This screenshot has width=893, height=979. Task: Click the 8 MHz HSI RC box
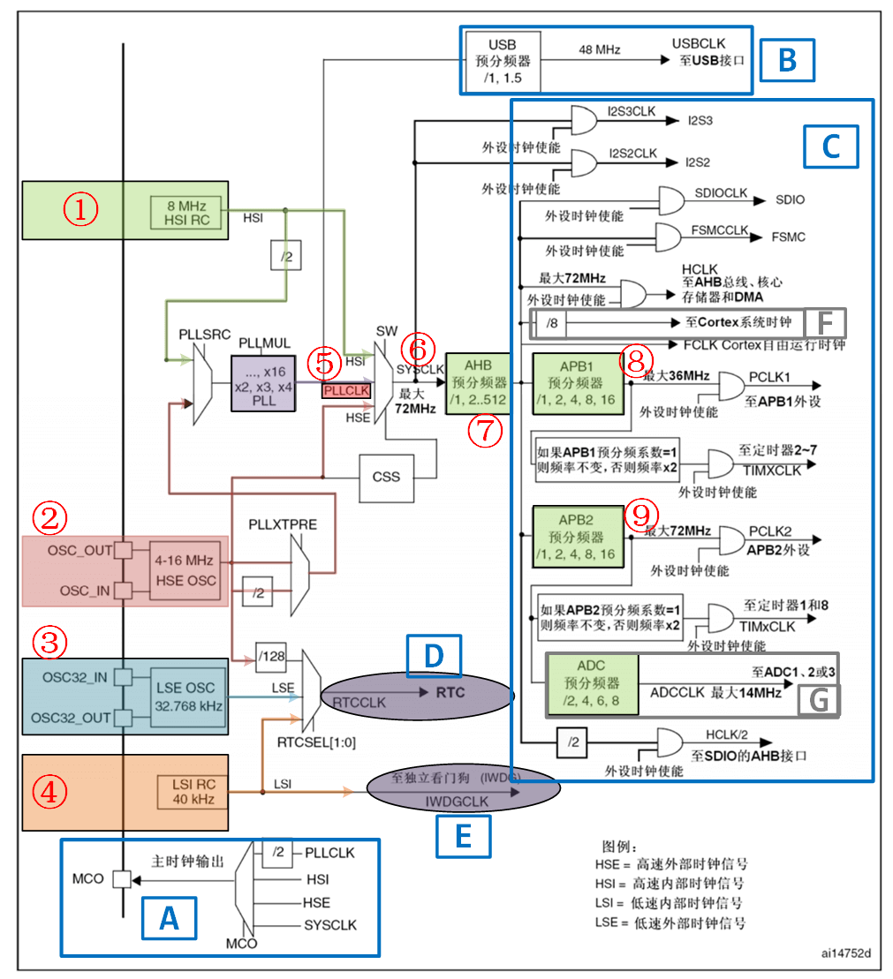(x=187, y=211)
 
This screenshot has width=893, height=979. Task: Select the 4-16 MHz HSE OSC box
(x=184, y=570)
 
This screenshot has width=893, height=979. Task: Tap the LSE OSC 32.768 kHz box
(x=187, y=696)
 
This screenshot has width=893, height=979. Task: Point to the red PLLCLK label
(x=346, y=389)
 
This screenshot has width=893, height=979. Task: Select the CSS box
(x=385, y=477)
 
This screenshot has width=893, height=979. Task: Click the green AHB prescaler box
(x=478, y=383)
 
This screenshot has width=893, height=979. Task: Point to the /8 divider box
(x=551, y=324)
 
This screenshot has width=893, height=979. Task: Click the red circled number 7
(x=487, y=432)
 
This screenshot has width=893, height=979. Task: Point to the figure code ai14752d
(x=845, y=953)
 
